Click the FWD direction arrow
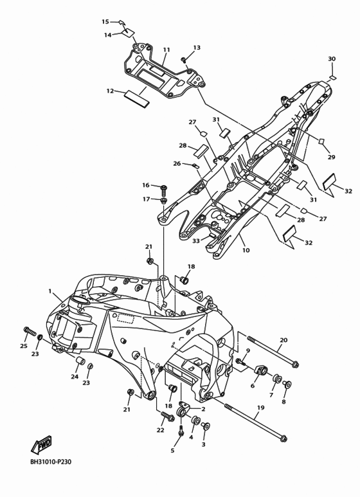(41, 445)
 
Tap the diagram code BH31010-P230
(51, 462)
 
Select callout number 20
(283, 340)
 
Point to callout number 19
(260, 408)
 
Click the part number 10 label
(246, 250)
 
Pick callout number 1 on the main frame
(50, 291)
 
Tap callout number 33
(196, 241)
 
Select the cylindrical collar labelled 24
(80, 361)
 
